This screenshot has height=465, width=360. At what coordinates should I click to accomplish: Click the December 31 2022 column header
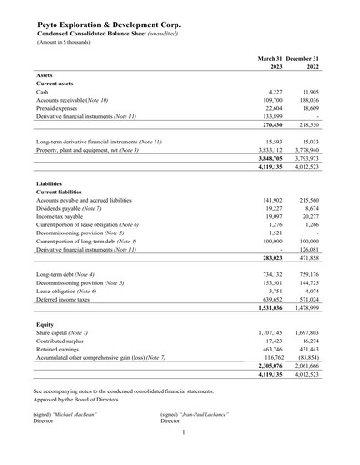coord(310,63)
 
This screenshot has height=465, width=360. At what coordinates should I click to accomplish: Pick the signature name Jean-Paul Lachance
coord(199,414)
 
